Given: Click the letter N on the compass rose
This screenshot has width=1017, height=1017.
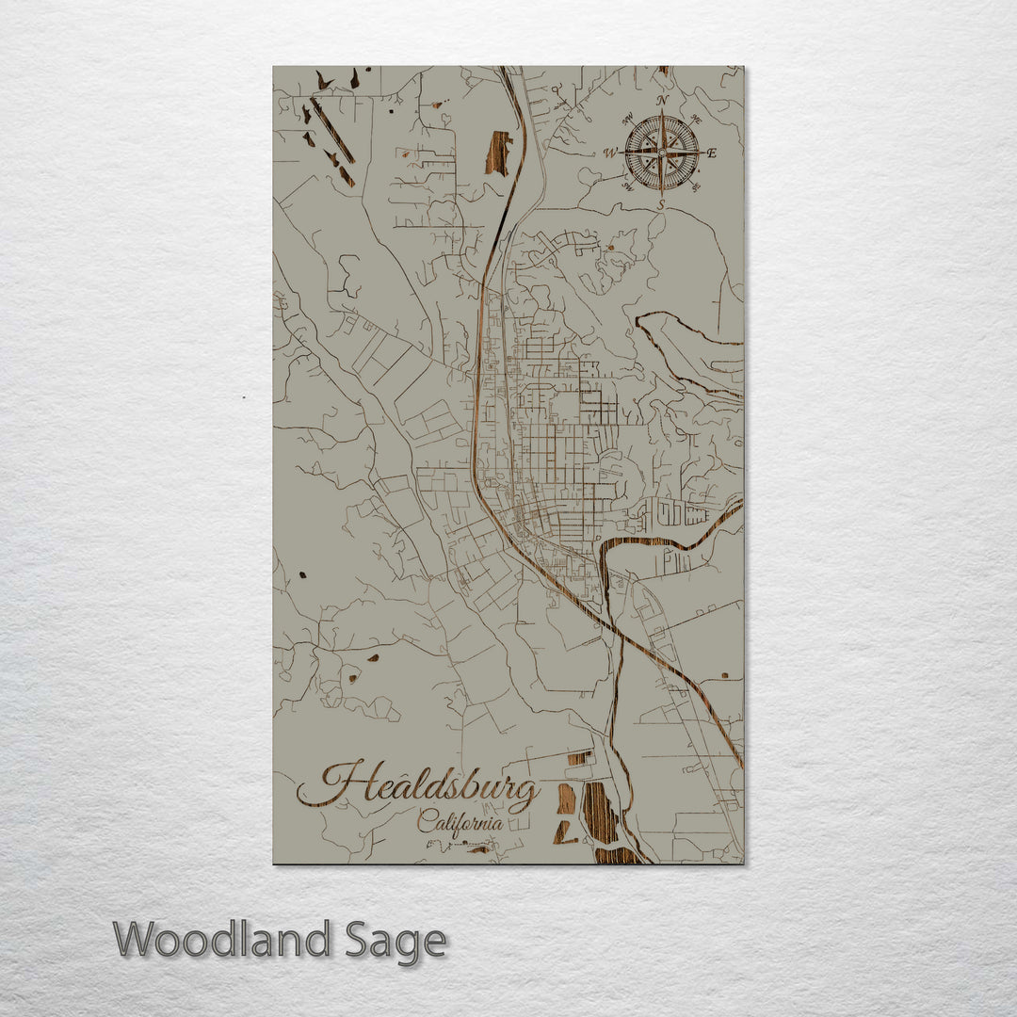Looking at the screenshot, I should pos(662,101).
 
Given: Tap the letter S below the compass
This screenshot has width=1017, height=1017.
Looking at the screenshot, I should pos(661,204).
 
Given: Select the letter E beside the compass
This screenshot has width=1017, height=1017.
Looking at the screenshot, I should pos(712,153).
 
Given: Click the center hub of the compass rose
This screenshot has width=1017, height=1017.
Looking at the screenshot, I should pos(662,153).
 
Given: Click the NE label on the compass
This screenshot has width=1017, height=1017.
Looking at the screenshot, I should pos(696,120).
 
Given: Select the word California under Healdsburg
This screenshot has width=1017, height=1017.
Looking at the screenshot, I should pos(460,821).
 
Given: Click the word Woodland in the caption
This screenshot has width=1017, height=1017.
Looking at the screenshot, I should pos(221,939).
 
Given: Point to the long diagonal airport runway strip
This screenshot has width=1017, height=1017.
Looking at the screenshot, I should pos(332,130).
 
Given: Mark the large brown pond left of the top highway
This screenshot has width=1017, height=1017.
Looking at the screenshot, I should pos(498,153).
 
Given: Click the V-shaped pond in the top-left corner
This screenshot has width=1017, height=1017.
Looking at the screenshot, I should pos(324,82).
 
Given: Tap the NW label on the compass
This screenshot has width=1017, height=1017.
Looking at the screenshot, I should pos(627,120).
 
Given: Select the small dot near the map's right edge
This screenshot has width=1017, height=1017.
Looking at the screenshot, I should pos(725,674).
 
